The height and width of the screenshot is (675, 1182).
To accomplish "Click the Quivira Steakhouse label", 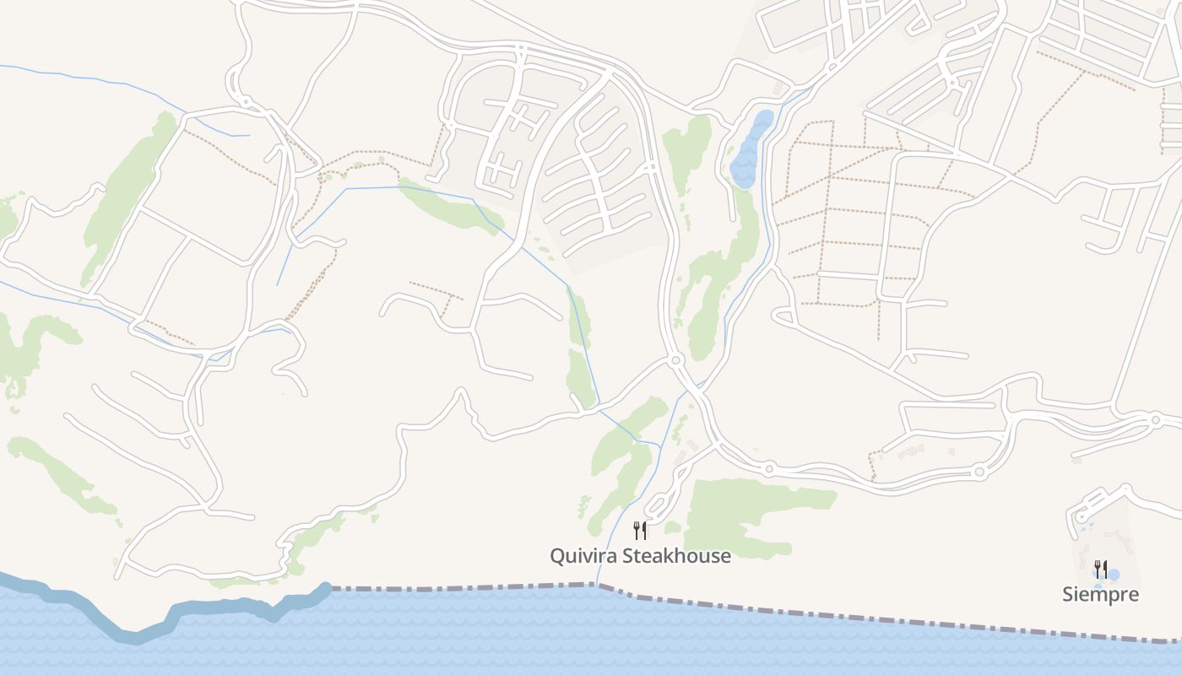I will [x=640, y=556].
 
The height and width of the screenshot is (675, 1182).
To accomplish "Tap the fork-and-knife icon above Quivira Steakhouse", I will [x=640, y=531].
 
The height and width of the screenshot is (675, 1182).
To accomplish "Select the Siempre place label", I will [x=1100, y=595].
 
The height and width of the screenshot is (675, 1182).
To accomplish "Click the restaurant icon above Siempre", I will [x=1100, y=568].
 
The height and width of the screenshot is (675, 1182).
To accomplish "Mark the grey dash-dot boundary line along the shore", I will [x=844, y=613].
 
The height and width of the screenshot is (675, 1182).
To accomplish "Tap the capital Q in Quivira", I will [x=558, y=556].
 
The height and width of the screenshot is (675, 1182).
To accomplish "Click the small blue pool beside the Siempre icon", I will [x=1114, y=575].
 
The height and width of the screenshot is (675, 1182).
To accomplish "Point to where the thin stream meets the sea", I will [x=597, y=584].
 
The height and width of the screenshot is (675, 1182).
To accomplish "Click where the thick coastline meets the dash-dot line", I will [x=328, y=588].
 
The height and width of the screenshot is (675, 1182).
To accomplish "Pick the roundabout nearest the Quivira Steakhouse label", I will [x=769, y=467].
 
